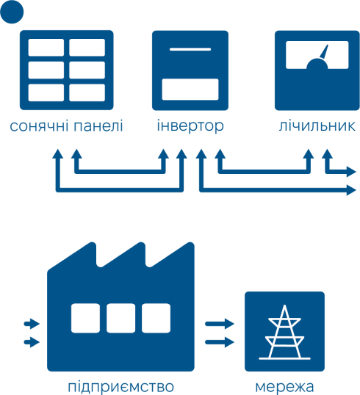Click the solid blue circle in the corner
click(x=12, y=12)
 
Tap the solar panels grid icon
click(x=67, y=70)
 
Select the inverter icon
click(x=190, y=70)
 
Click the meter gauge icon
click(x=317, y=70)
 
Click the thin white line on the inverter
click(x=190, y=49)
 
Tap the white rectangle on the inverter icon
click(x=190, y=90)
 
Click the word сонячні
click(x=39, y=126)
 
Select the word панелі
click(x=98, y=126)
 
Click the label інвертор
click(x=190, y=126)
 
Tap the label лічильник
click(x=317, y=126)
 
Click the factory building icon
click(x=120, y=307)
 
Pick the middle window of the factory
click(x=120, y=318)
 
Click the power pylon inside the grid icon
click(x=284, y=332)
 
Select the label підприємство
click(x=120, y=387)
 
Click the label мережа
click(x=284, y=387)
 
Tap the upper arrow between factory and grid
click(x=220, y=324)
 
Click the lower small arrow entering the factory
click(x=32, y=342)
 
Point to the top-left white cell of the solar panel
click(x=46, y=48)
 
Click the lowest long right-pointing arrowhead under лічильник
click(x=351, y=189)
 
